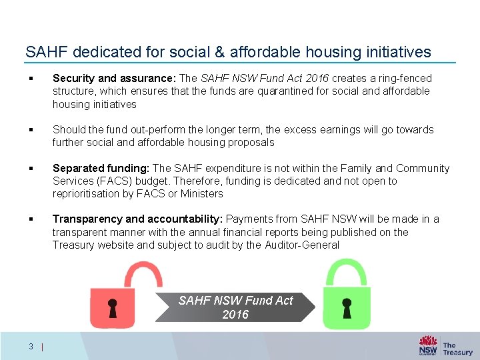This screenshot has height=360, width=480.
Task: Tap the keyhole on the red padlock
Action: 113,308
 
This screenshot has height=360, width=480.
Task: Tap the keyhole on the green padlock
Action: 347,307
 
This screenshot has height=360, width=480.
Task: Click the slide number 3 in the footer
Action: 31,345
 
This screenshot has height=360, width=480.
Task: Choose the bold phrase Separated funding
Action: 101,169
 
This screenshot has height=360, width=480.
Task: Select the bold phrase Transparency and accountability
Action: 139,219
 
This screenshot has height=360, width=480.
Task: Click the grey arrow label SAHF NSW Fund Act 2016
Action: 235,307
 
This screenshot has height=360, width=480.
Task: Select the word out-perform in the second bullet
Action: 141,130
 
